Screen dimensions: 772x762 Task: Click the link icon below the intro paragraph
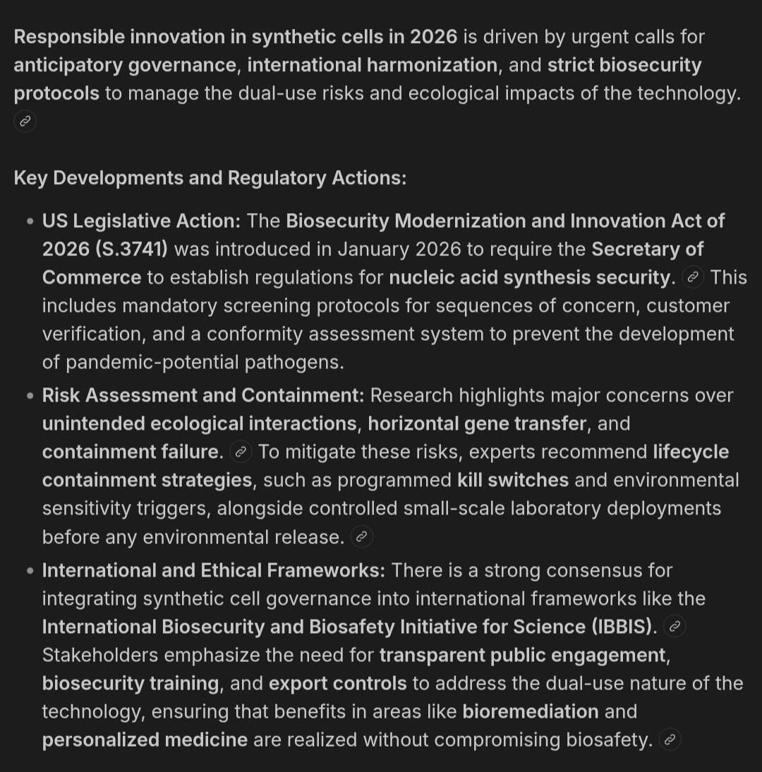[25, 121]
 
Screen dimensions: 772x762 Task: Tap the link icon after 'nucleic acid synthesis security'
[694, 277]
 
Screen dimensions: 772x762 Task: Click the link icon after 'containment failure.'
[241, 452]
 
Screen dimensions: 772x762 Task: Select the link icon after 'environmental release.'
[361, 537]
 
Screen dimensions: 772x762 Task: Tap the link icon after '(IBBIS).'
[675, 627]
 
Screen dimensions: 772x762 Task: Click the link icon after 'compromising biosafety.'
[670, 740]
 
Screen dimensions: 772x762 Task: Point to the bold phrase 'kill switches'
[512, 481]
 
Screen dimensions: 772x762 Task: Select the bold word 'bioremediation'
[530, 711]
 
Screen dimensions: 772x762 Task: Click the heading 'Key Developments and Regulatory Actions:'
[210, 178]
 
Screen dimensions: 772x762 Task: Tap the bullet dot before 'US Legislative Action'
[30, 222]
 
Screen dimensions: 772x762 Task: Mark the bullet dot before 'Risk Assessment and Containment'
[30, 396]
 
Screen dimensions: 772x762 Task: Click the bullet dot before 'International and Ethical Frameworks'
[30, 570]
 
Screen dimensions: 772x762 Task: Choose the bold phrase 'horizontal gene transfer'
[477, 424]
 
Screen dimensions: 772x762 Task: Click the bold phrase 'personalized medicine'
[145, 740]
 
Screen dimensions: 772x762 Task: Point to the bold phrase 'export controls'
[337, 683]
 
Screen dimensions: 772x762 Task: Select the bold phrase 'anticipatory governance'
[124, 65]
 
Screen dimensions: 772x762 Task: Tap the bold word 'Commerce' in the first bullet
[92, 277]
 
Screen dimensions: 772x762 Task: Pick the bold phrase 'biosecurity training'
[131, 683]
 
